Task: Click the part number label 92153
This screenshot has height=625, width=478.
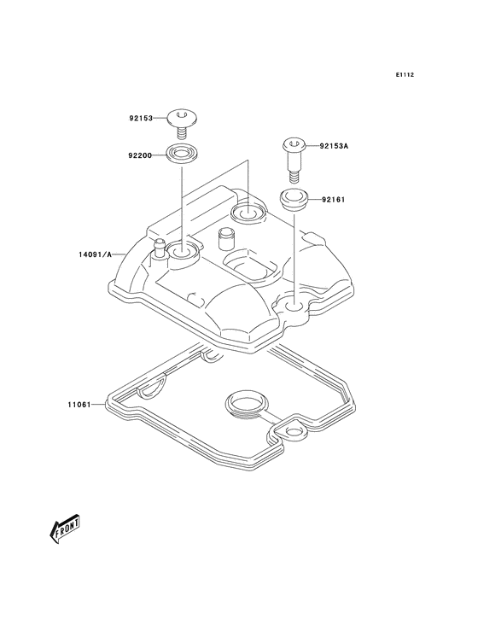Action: coord(141,119)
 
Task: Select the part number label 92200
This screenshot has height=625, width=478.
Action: coord(141,156)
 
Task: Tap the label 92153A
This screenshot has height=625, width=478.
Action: coord(335,146)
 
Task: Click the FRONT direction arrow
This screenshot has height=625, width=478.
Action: coord(65,530)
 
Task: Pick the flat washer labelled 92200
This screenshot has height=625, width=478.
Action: coord(181,155)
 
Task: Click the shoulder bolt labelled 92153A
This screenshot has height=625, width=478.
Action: coord(293,155)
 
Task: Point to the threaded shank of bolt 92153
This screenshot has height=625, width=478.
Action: coord(181,134)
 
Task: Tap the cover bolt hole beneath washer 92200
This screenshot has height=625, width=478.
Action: coord(181,252)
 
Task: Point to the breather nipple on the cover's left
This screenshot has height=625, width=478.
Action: coord(158,249)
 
